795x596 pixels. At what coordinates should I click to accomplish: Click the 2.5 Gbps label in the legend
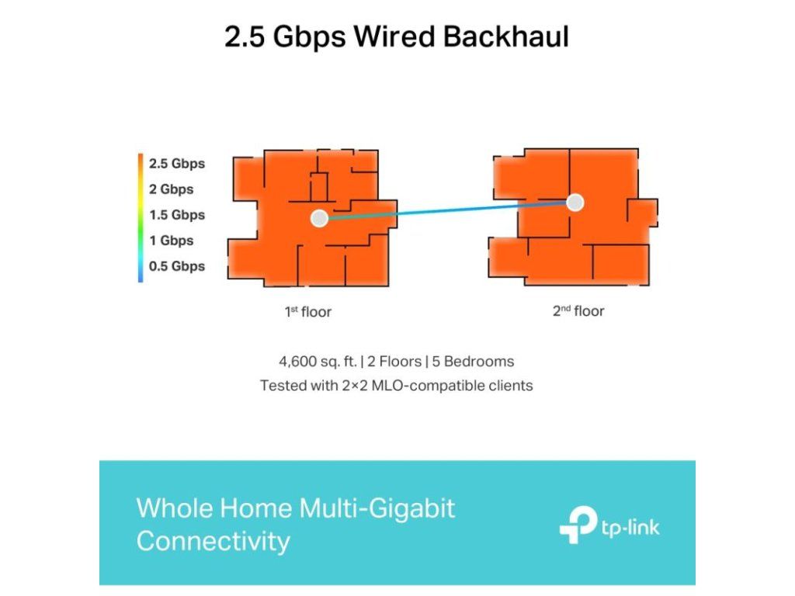(x=176, y=164)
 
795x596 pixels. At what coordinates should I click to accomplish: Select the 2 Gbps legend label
(x=171, y=189)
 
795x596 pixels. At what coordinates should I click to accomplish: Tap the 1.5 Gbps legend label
(x=176, y=215)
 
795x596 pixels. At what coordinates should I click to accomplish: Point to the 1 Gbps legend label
(x=171, y=241)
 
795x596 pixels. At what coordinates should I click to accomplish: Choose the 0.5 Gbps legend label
(x=176, y=266)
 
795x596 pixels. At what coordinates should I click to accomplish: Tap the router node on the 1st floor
(x=318, y=218)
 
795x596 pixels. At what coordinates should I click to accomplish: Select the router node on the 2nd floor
(x=575, y=203)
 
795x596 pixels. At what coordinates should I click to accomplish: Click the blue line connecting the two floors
(x=446, y=210)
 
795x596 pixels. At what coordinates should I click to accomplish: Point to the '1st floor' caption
(x=307, y=312)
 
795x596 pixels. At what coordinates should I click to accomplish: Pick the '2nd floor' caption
(x=578, y=311)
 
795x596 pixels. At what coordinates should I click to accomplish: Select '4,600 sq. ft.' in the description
(x=317, y=362)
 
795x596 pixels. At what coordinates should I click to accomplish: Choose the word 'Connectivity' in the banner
(x=213, y=541)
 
